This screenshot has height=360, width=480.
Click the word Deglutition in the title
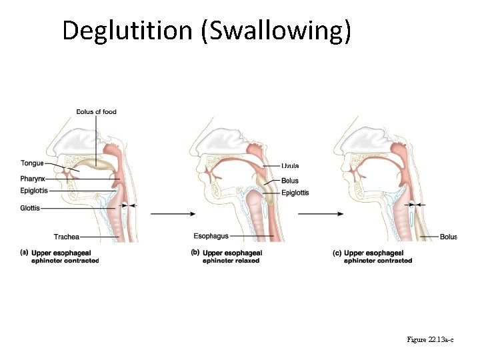click(127, 31)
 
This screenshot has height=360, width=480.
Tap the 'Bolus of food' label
click(96, 111)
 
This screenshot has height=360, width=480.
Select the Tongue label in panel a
click(32, 163)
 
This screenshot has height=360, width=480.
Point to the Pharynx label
click(33, 179)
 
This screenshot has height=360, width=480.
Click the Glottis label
click(30, 208)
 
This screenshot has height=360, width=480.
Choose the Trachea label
click(67, 237)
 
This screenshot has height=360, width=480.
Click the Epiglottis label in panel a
click(34, 191)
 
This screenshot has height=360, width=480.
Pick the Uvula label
click(290, 166)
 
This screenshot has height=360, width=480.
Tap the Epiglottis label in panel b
click(295, 193)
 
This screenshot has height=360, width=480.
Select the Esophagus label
click(211, 236)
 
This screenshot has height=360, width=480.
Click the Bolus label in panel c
click(448, 237)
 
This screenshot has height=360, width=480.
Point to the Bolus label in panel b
click(290, 181)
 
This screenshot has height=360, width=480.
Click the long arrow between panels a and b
click(173, 214)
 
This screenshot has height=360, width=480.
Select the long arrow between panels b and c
click(321, 214)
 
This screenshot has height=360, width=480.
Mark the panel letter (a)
click(24, 253)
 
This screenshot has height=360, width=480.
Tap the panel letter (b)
click(195, 253)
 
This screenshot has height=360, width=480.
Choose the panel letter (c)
click(336, 253)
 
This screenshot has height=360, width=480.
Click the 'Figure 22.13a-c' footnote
click(430, 340)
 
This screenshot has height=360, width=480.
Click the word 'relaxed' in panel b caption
click(247, 261)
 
